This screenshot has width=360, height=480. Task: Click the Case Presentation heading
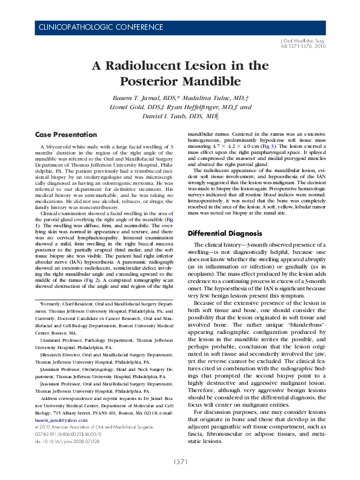tap(64, 134)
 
